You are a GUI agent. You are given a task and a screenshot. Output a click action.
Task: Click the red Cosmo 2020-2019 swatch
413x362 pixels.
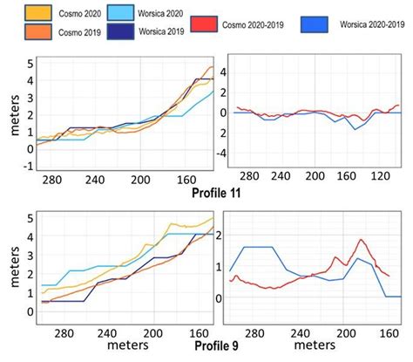pos(200,21)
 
